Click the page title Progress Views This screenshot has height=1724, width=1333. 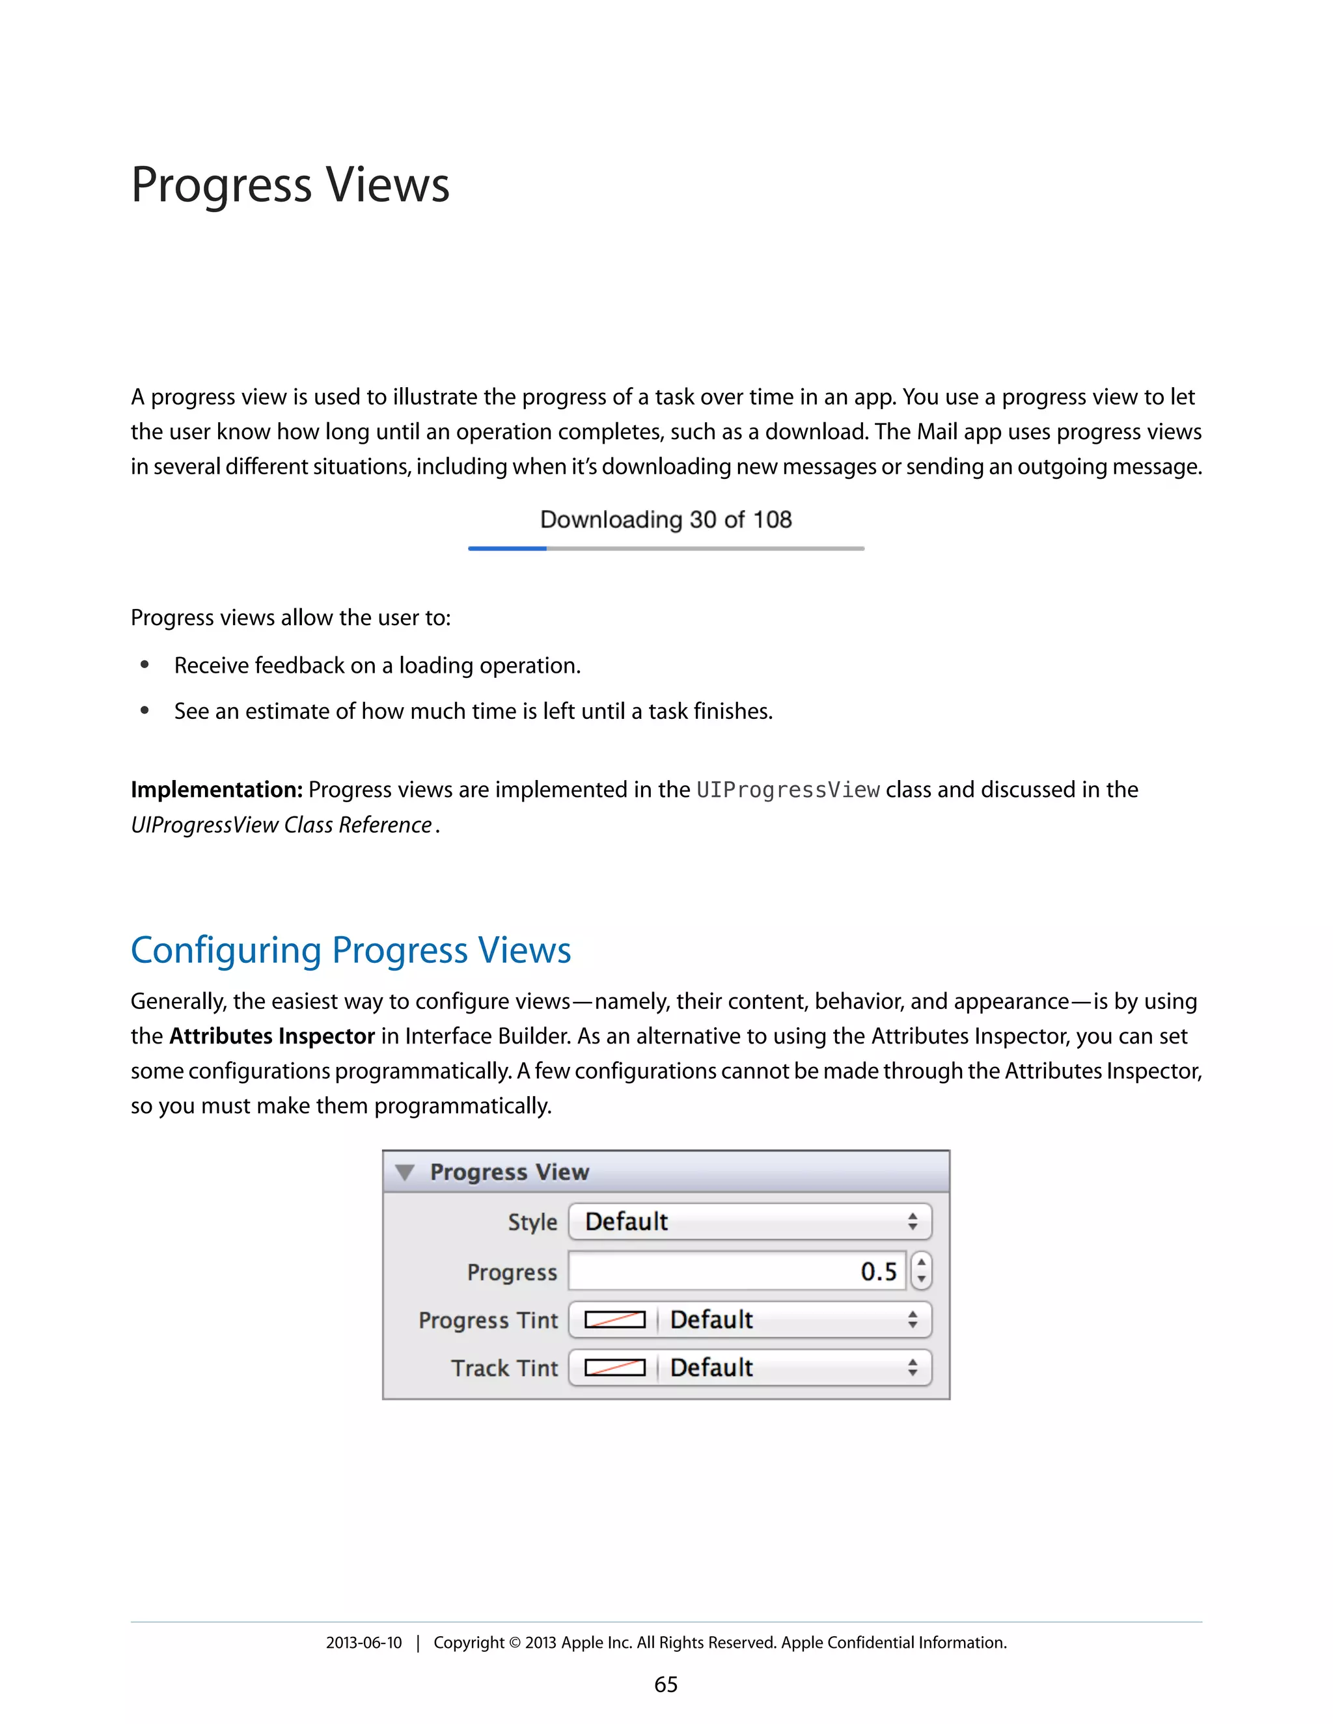(x=290, y=185)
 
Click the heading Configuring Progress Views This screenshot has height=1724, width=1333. (x=351, y=950)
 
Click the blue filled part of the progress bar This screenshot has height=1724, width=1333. (x=507, y=548)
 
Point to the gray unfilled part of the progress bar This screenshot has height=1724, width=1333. (x=704, y=548)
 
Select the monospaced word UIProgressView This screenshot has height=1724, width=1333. (x=788, y=790)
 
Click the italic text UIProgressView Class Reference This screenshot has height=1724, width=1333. (x=281, y=825)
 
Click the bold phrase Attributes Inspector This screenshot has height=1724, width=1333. (x=271, y=1036)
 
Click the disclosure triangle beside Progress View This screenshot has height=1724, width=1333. (x=405, y=1172)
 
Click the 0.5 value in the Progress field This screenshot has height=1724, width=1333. (x=878, y=1272)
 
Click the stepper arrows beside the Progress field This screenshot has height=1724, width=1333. (x=921, y=1271)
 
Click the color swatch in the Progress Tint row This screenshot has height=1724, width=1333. (x=614, y=1320)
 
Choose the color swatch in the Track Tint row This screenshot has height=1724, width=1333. (x=614, y=1368)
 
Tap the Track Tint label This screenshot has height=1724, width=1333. (x=504, y=1368)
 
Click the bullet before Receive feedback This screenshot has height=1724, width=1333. (x=144, y=666)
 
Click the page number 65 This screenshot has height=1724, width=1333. (x=666, y=1684)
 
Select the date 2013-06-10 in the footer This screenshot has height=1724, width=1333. (x=363, y=1643)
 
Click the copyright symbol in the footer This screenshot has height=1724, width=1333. (x=514, y=1643)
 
